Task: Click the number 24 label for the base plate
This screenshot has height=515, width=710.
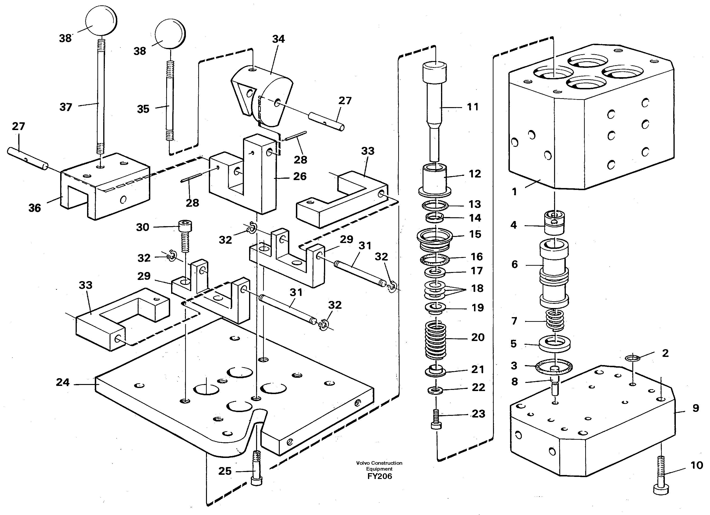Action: [63, 382]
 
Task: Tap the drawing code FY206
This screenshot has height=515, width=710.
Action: [379, 476]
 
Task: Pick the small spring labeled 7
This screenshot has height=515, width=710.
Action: [555, 320]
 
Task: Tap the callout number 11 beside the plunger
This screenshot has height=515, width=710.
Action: [473, 107]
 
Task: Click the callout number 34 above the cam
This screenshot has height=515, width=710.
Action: [278, 39]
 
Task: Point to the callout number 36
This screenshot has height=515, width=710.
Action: [34, 208]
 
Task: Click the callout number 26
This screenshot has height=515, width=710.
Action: [300, 176]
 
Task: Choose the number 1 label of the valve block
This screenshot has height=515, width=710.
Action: [514, 191]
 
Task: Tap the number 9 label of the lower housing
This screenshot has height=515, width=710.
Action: [695, 408]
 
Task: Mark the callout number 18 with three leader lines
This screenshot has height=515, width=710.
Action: [477, 288]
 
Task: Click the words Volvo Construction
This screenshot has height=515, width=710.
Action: [379, 463]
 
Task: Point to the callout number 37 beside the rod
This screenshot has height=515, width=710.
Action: [66, 107]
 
